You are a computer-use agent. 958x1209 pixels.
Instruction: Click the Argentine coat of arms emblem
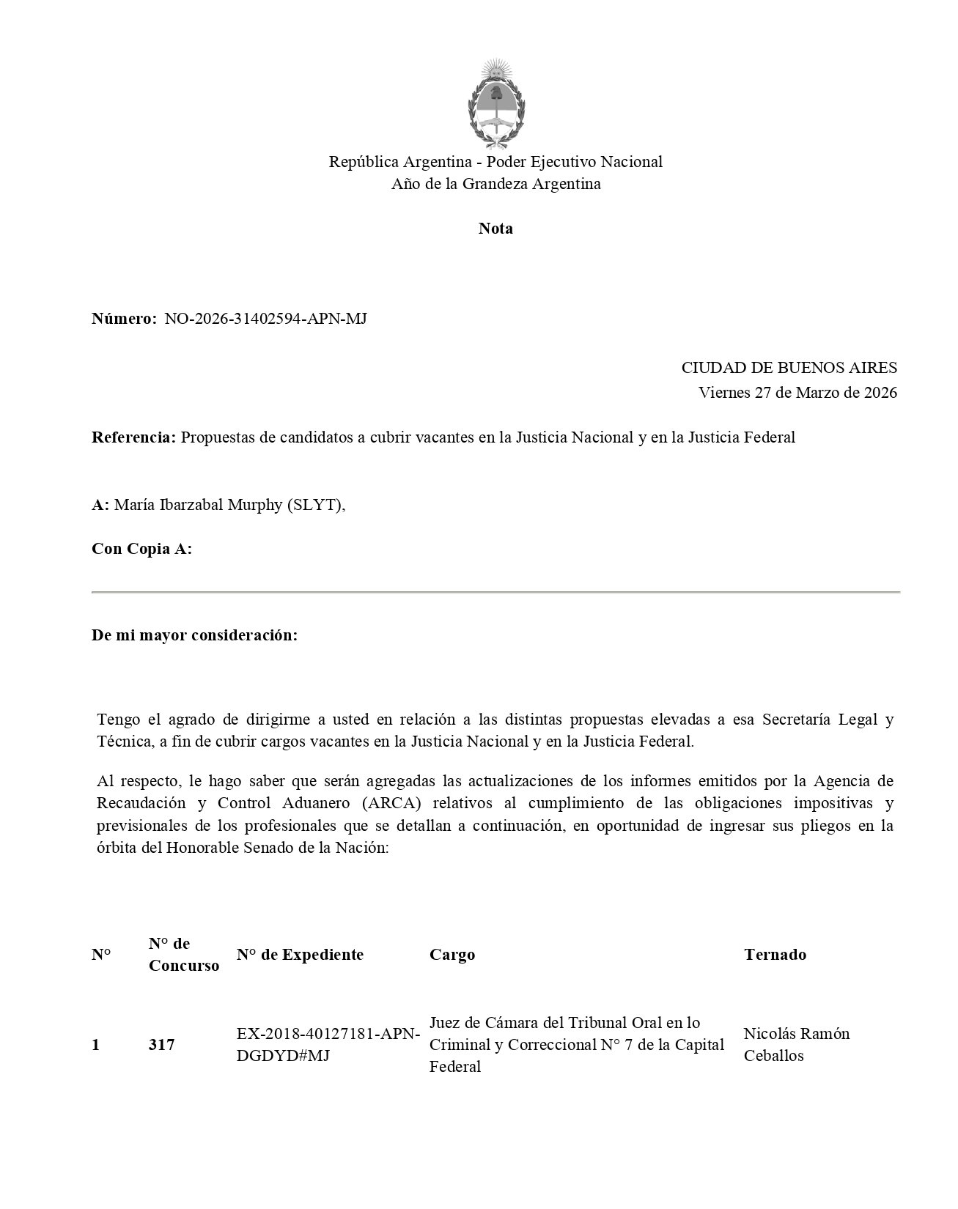click(x=495, y=104)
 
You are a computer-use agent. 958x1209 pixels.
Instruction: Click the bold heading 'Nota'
click(x=495, y=229)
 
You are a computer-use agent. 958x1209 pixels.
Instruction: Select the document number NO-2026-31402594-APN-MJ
click(x=265, y=319)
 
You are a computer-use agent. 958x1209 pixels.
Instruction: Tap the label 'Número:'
click(x=124, y=319)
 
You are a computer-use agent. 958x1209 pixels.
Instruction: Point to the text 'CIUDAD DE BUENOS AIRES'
click(x=789, y=368)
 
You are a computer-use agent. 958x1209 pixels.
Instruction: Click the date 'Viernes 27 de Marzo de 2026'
click(x=797, y=393)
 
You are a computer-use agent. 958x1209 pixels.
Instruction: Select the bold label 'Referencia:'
click(x=133, y=437)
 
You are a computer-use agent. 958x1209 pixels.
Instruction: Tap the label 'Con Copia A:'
click(x=141, y=549)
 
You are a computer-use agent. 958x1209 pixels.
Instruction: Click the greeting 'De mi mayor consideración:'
click(x=194, y=635)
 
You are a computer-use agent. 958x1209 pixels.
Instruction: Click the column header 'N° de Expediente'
click(x=300, y=954)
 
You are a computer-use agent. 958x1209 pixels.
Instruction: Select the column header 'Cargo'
click(x=452, y=955)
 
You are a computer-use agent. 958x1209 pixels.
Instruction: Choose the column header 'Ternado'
click(x=775, y=955)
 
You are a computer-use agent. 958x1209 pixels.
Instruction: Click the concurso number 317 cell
click(x=162, y=1045)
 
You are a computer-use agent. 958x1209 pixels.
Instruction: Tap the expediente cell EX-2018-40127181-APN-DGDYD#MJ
click(x=328, y=1045)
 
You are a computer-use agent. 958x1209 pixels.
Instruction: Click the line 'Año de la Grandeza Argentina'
click(x=495, y=184)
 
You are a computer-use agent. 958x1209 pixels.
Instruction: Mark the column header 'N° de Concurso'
click(x=183, y=954)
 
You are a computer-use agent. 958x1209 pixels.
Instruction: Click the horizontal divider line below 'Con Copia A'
click(x=495, y=591)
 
